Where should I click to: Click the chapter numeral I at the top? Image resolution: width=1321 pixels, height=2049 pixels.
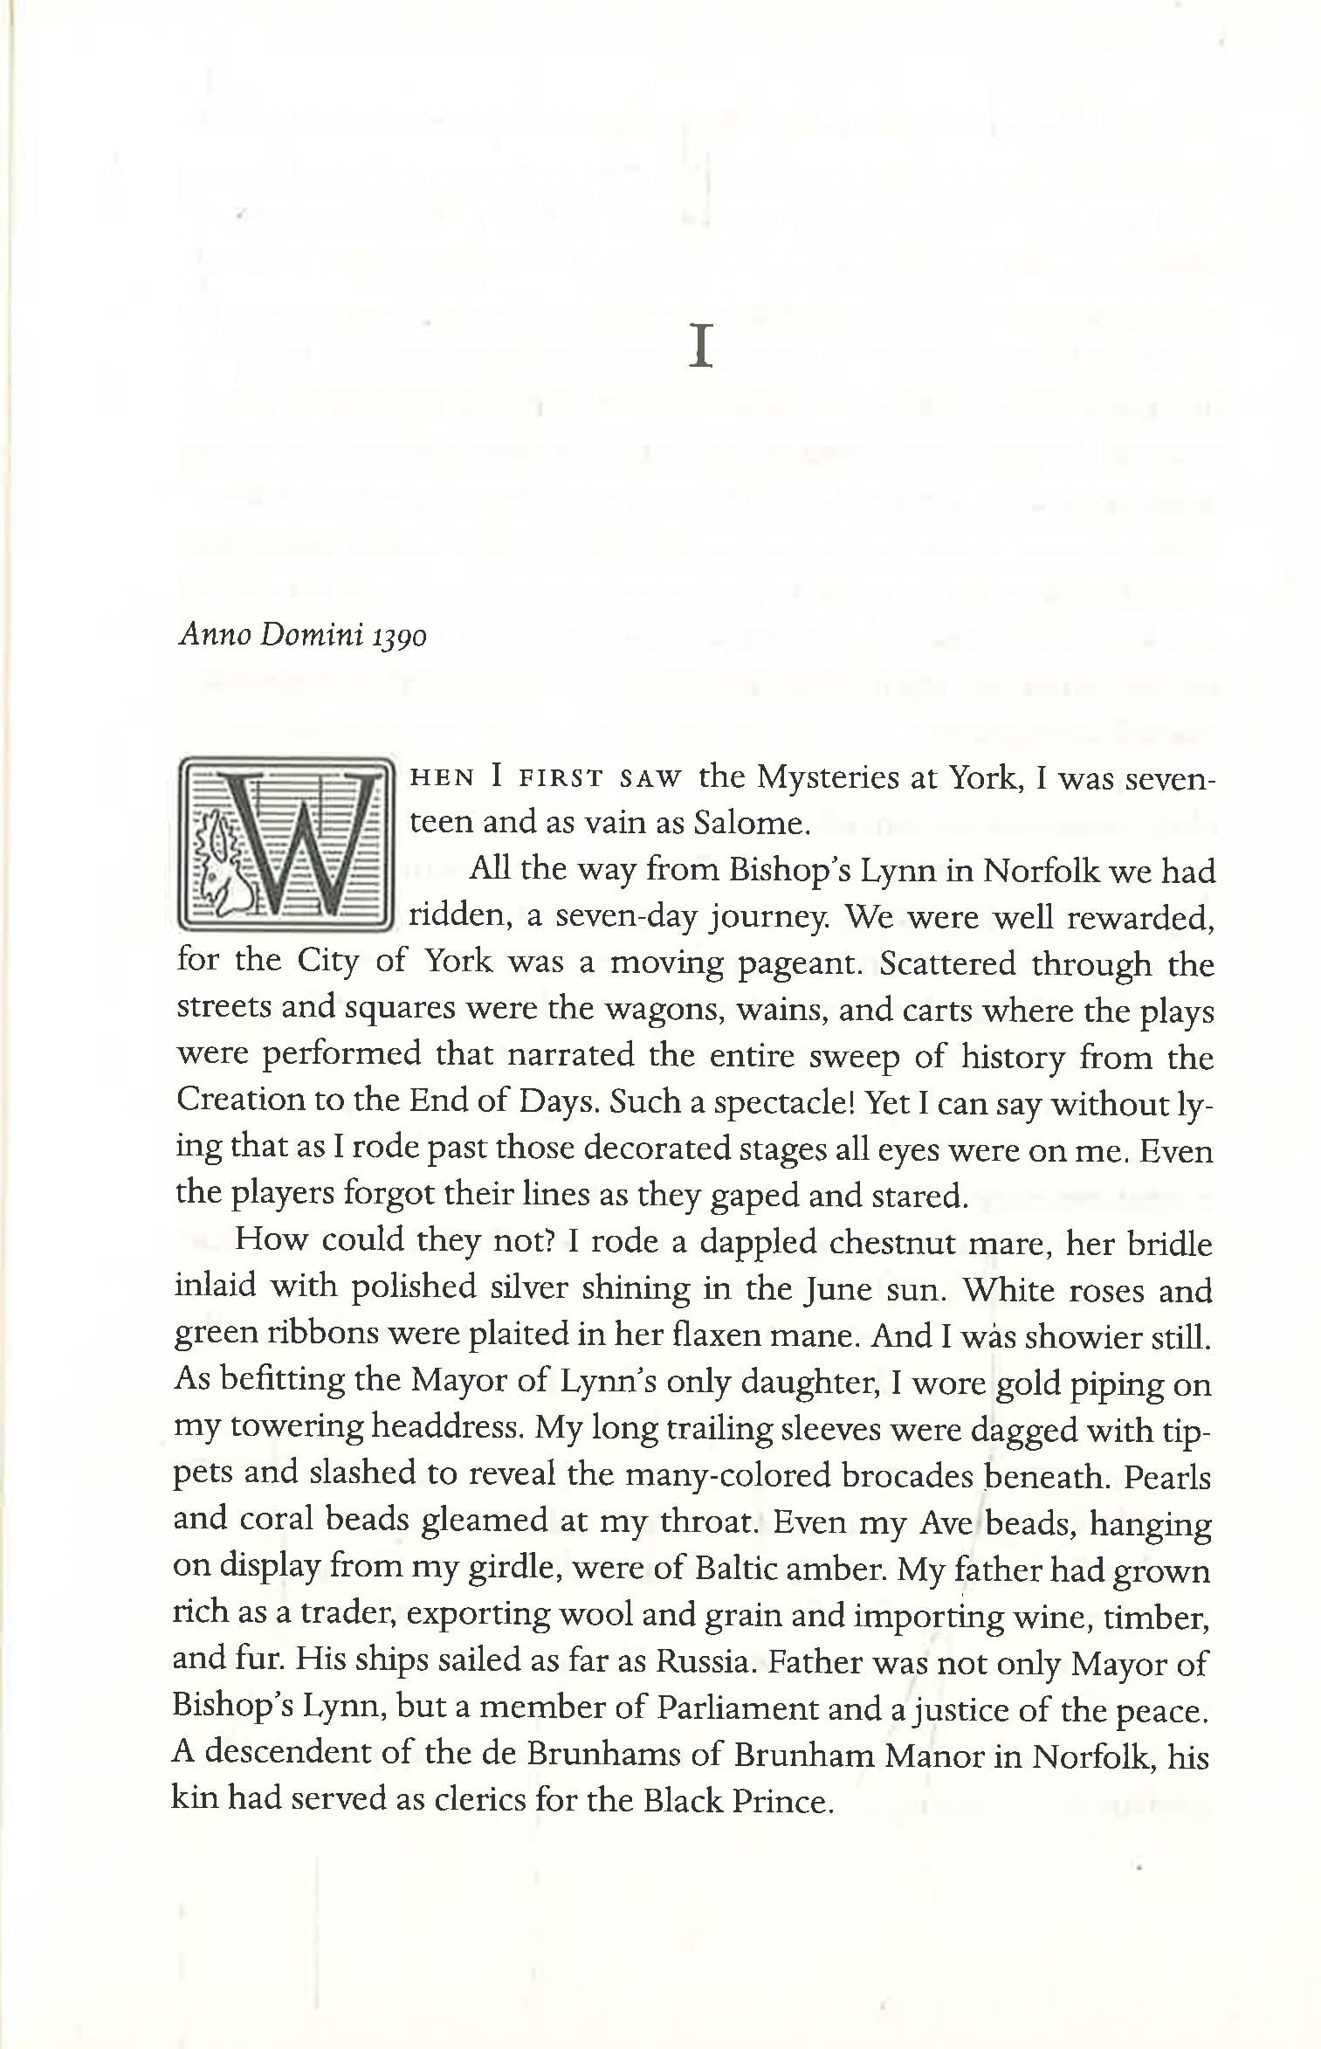pos(701,347)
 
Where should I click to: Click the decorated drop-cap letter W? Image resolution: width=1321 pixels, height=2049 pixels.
pos(285,845)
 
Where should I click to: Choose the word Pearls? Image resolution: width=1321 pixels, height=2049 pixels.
pos(1167,1474)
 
